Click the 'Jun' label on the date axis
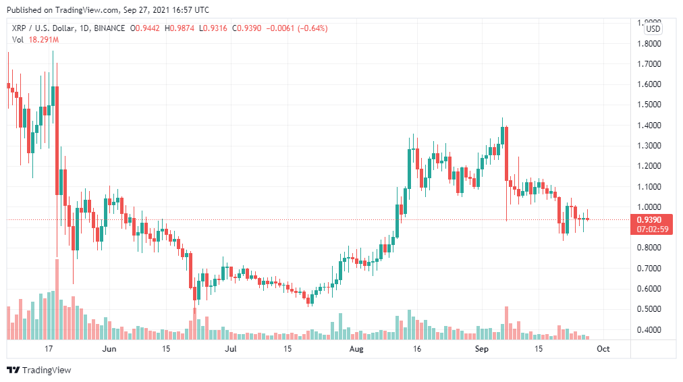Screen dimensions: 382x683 pyautogui.click(x=109, y=349)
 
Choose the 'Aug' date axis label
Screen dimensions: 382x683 pyautogui.click(x=356, y=349)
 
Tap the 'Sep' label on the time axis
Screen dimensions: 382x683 pyautogui.click(x=481, y=349)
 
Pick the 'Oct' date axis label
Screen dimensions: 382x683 pyautogui.click(x=603, y=349)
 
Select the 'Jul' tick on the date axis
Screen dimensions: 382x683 pyautogui.click(x=231, y=349)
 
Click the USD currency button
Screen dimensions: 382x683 pyautogui.click(x=653, y=28)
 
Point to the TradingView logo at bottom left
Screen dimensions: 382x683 pyautogui.click(x=38, y=370)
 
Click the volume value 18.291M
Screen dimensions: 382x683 pyautogui.click(x=43, y=40)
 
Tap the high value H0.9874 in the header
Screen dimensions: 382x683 pyautogui.click(x=180, y=28)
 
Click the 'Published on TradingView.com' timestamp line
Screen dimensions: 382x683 pyautogui.click(x=107, y=10)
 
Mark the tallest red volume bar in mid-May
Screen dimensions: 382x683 pyautogui.click(x=57, y=298)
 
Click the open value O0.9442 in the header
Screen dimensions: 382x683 pyautogui.click(x=146, y=28)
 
